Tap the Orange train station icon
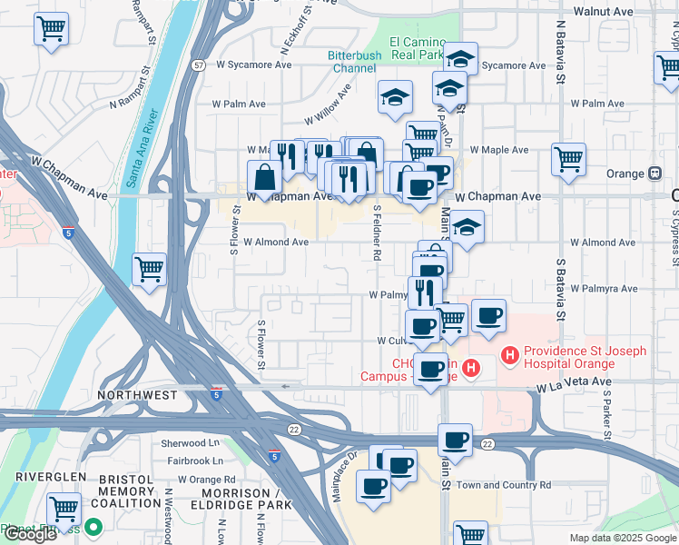[x=654, y=173]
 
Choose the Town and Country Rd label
[x=503, y=485]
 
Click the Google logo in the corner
[x=29, y=533]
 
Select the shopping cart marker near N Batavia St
[x=568, y=161]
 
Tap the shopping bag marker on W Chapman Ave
[x=264, y=178]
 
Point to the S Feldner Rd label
[x=376, y=233]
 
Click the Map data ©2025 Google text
[x=621, y=537]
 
